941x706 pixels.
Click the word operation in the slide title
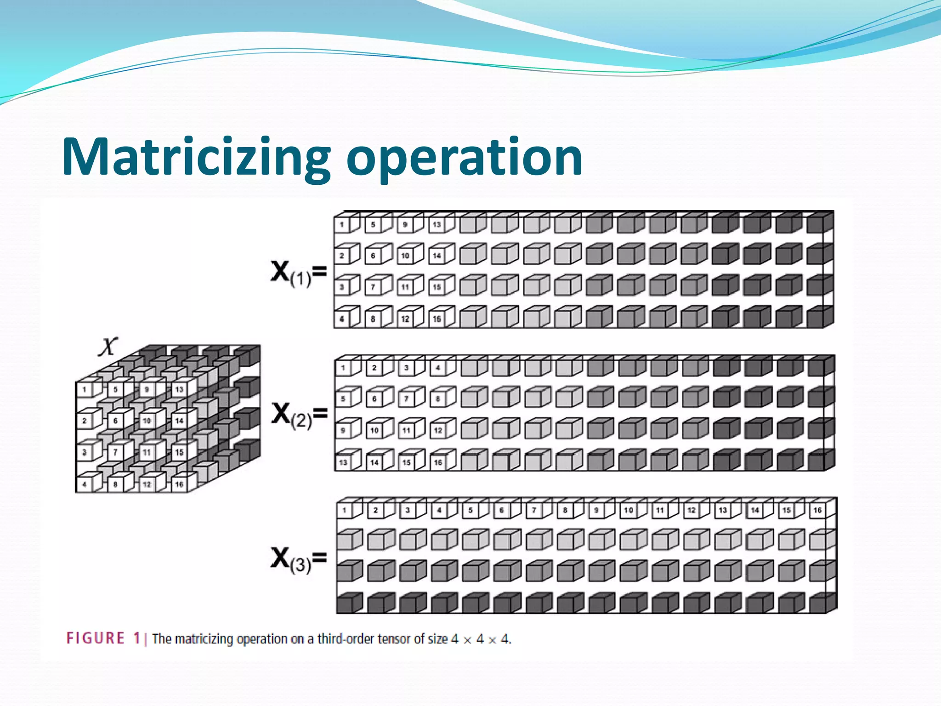464,157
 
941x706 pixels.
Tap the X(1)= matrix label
298,273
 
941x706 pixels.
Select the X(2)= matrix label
299,414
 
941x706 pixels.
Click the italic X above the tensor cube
108,347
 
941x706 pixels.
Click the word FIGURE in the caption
96,638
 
